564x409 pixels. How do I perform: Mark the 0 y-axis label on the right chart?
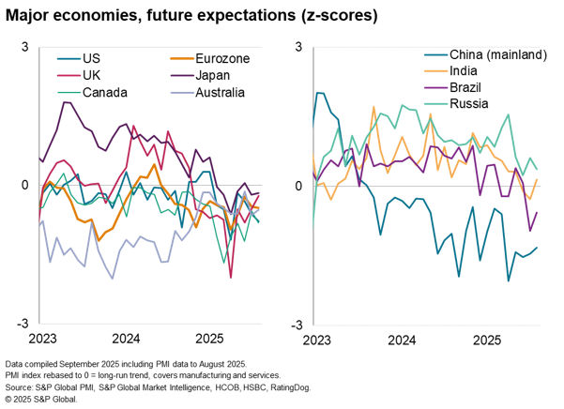(x=297, y=185)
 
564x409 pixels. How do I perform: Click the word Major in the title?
(x=28, y=15)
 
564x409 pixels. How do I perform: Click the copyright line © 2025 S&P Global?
(x=41, y=398)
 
